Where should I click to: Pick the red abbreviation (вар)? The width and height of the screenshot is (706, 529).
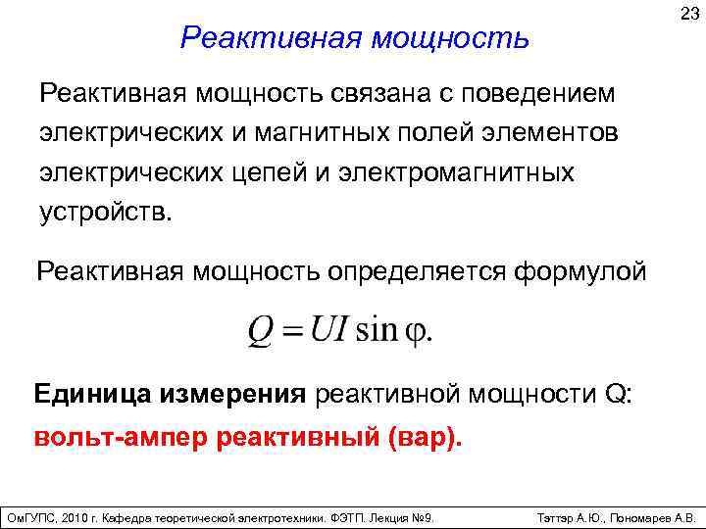click(x=423, y=437)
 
